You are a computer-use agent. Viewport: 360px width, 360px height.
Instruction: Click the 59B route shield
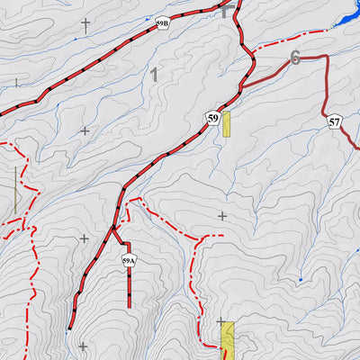[x=162, y=24]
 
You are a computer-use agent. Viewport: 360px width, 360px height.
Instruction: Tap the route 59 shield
[x=212, y=118]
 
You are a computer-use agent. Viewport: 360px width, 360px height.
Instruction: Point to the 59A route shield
[x=129, y=261]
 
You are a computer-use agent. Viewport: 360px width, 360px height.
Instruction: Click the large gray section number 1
[x=155, y=76]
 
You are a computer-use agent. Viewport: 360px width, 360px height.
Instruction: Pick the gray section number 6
[x=294, y=58]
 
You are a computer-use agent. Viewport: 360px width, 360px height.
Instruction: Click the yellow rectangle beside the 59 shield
[x=227, y=124]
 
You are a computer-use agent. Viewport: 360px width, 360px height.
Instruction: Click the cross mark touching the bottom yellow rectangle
[x=220, y=321]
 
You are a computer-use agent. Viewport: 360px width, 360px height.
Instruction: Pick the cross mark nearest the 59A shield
[x=85, y=238]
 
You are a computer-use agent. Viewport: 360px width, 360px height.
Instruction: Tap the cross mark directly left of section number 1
[x=85, y=130]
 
